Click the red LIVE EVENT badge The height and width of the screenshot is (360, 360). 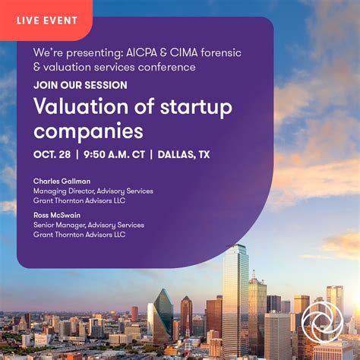click(46, 20)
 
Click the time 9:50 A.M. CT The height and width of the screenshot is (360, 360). click(115, 154)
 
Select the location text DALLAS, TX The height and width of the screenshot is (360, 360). click(184, 154)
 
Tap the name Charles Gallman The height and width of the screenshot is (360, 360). click(62, 182)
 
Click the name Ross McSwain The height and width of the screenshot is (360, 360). click(58, 215)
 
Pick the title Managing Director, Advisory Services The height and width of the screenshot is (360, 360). click(93, 191)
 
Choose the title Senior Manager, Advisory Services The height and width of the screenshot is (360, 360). click(88, 225)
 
